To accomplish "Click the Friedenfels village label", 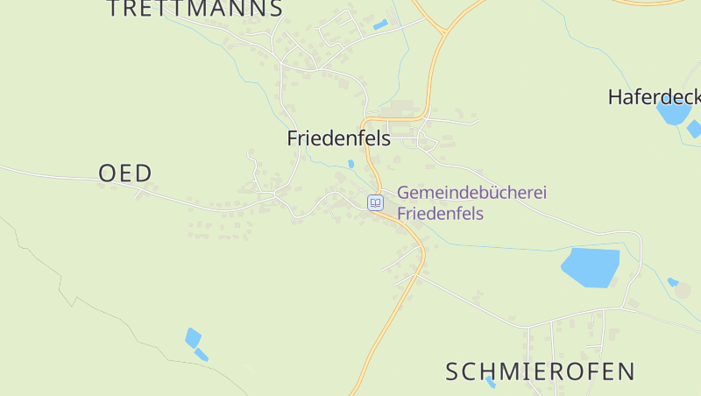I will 338,138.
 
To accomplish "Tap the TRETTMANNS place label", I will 195,9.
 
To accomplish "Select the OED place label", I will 125,173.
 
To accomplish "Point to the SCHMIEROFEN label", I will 540,371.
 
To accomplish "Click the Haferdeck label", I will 654,96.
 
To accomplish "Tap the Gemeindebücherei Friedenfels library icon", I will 375,202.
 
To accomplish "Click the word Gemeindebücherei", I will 471,193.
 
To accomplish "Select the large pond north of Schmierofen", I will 591,267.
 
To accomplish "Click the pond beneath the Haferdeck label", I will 673,113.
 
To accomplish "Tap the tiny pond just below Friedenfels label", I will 350,164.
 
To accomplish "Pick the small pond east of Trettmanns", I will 380,25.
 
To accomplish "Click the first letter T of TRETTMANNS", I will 115,9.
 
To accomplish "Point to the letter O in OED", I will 107,173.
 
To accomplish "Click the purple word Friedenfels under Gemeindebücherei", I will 440,213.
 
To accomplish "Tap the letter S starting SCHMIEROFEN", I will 452,371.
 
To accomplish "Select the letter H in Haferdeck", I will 615,96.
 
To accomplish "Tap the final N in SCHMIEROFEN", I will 627,371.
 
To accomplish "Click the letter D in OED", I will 144,173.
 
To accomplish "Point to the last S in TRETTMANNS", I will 276,9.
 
